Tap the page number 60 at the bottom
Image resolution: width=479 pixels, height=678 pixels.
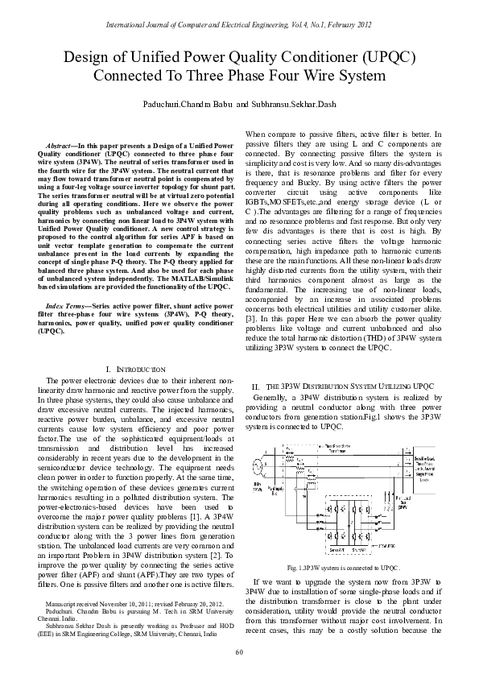pos(239,651)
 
